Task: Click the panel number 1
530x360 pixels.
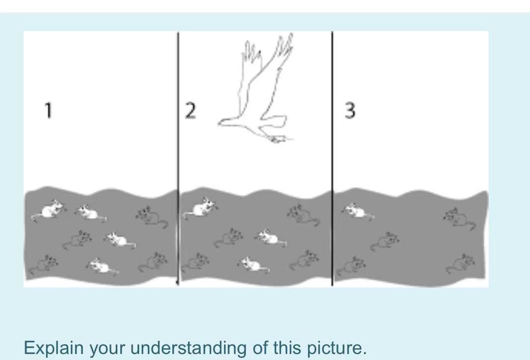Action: coord(48,110)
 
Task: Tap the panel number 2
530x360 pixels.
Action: coord(190,111)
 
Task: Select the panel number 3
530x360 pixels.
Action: coord(349,111)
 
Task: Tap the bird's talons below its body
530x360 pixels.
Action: coord(278,139)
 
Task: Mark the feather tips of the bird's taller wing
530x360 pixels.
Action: coord(285,42)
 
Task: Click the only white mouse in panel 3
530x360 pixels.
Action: coord(357,210)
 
